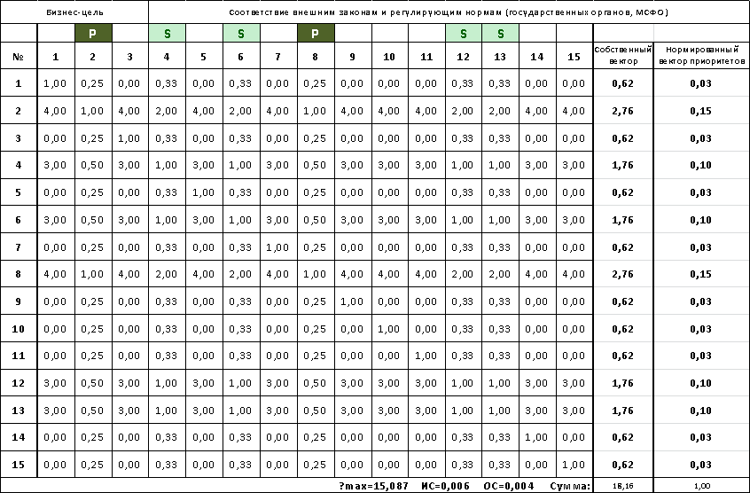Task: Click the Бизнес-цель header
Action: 74,12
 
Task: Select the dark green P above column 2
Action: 93,34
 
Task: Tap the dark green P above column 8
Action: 316,34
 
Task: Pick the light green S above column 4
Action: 167,34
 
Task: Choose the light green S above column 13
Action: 500,34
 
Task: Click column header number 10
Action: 389,57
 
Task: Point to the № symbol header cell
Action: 19,57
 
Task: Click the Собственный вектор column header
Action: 622,56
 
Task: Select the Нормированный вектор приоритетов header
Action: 702,56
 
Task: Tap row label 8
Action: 19,275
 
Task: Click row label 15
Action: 19,465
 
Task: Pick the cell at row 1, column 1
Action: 56,83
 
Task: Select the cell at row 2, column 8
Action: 316,111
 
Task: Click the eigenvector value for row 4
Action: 622,166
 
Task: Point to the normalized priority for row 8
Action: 702,275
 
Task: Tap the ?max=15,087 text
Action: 374,486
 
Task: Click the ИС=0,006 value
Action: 445,486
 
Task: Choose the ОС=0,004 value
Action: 509,486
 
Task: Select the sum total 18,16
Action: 622,486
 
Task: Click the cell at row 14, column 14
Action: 537,437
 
